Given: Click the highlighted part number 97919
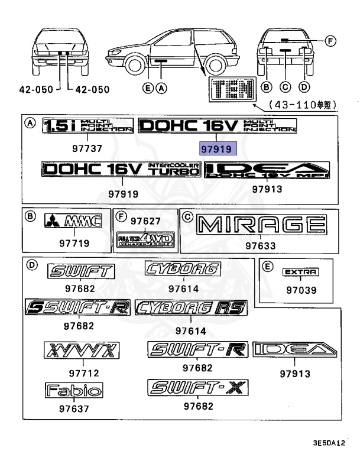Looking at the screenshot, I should point(217,149).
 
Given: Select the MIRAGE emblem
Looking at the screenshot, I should point(261,225).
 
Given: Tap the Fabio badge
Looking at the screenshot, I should point(74,390).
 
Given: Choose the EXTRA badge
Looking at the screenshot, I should point(301,272).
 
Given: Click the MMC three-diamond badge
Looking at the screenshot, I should point(74,222).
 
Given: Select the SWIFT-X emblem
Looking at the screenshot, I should point(198,388).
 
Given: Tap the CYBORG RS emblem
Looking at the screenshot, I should point(191,307).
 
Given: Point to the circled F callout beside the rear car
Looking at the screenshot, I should point(330,41).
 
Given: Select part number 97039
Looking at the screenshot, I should point(301,290).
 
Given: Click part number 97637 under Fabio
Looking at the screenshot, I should point(74,408).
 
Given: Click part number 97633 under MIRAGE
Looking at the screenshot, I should point(261,244).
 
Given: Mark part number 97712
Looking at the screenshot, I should point(83,373).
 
